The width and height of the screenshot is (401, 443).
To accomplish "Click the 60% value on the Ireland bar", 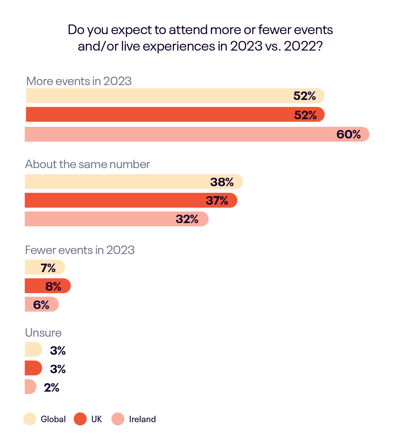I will (x=348, y=134).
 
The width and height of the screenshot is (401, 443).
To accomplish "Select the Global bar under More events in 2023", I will (x=160, y=96).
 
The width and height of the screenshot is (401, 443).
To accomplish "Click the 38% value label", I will (x=222, y=182).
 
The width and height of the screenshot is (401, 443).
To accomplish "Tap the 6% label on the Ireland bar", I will (x=41, y=305).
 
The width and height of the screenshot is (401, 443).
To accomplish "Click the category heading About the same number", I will (x=87, y=164).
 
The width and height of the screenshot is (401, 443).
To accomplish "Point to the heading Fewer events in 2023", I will (x=80, y=250).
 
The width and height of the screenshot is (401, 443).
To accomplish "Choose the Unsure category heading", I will (x=43, y=333).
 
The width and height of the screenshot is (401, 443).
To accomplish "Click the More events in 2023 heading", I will (x=79, y=81).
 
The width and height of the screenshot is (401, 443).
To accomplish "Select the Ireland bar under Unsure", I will (x=30, y=387).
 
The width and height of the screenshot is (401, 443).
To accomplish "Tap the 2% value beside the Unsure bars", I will (x=52, y=388).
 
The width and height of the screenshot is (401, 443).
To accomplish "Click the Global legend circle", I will (x=30, y=419).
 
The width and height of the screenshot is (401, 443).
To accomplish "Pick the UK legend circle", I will (x=81, y=419).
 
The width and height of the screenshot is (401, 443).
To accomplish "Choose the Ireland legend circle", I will (x=118, y=419).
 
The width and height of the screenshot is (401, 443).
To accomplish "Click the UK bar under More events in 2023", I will (x=160, y=115).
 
